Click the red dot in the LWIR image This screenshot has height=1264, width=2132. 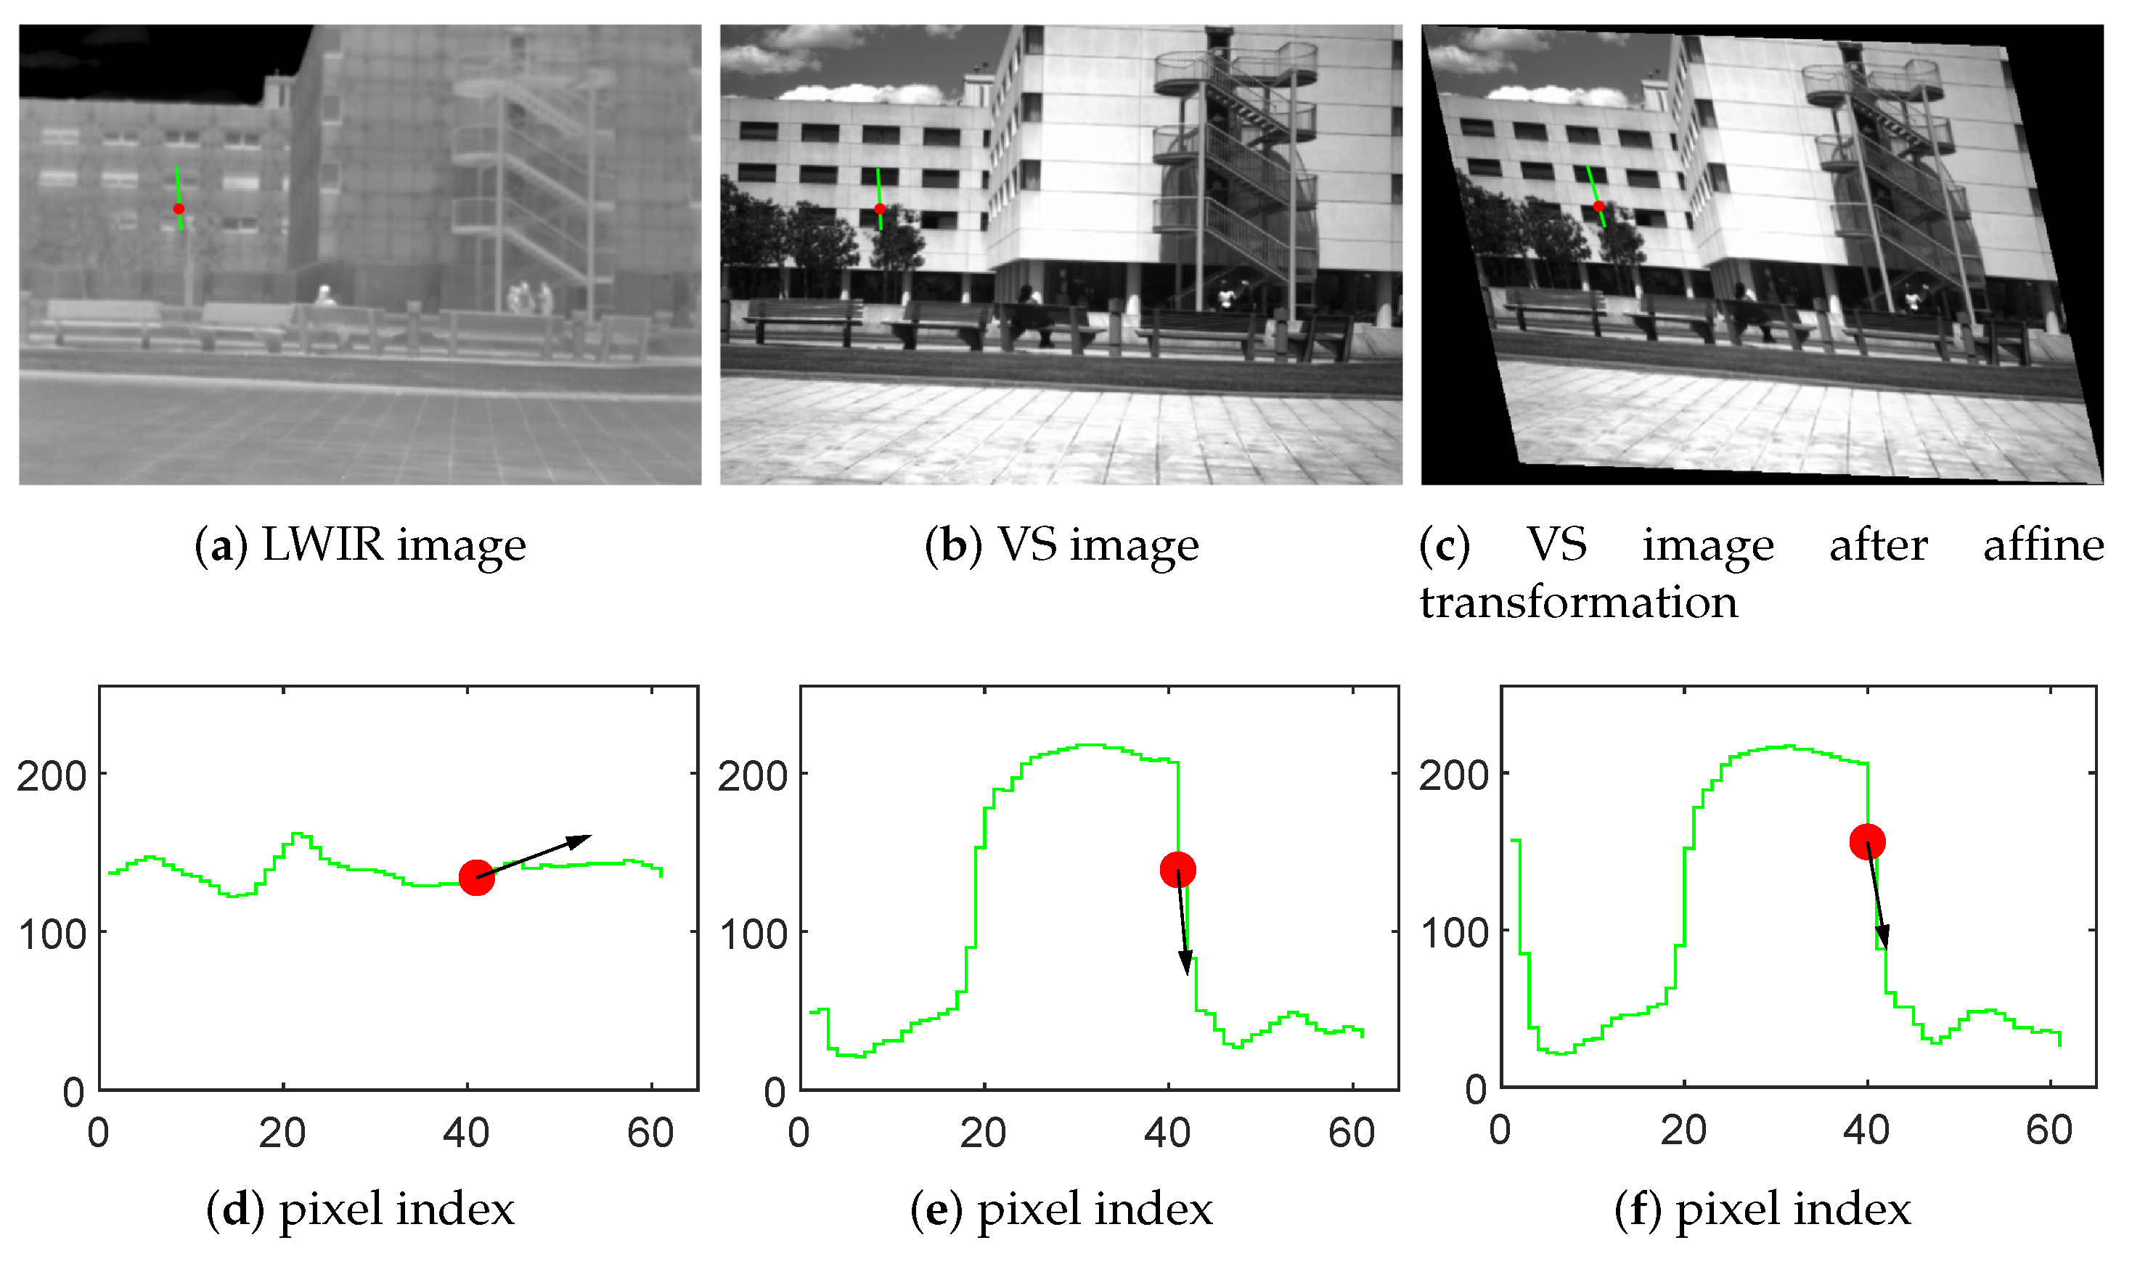179,208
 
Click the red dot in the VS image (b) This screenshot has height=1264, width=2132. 881,208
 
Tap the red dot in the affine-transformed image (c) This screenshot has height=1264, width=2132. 1599,206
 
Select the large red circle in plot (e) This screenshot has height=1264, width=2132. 1178,870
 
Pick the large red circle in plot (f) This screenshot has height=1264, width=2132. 1868,841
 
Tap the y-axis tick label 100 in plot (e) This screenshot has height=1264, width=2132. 753,935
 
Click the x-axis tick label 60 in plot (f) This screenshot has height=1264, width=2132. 2049,1130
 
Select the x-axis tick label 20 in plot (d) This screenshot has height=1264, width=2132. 282,1133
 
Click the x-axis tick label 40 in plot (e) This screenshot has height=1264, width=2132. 1167,1133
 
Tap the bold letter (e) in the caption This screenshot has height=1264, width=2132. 936,1210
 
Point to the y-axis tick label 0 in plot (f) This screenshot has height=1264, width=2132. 1477,1090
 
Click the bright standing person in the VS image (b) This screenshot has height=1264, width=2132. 1226,296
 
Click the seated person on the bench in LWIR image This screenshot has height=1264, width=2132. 324,296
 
